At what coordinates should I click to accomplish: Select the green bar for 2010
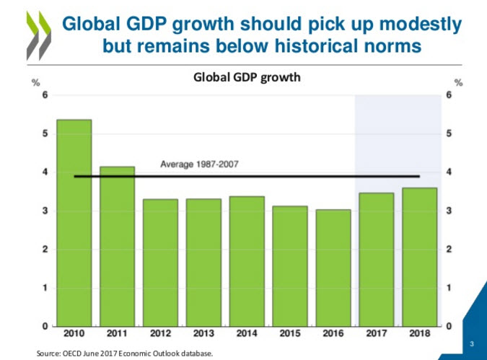74,223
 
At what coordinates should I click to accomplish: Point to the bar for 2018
420,257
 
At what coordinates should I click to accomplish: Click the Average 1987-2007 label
199,164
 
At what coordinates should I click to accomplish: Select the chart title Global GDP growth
246,77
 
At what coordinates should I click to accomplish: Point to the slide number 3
471,343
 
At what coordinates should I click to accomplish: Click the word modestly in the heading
421,25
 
